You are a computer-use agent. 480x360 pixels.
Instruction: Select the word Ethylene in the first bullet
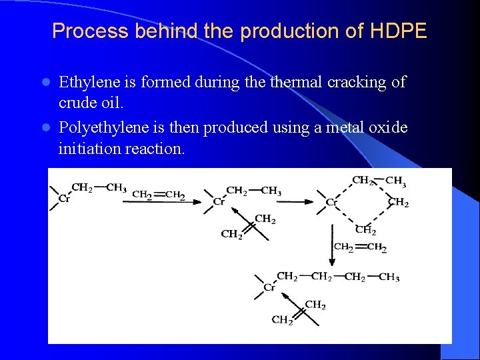pos(86,83)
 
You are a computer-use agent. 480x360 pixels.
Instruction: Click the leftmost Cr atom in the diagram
pos(64,198)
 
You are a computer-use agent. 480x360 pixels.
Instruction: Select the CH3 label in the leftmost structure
pos(116,188)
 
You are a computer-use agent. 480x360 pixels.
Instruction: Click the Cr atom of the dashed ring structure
pos(331,202)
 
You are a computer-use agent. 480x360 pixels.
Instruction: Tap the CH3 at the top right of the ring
pos(396,181)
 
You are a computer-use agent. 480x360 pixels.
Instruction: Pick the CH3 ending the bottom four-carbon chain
pos(389,277)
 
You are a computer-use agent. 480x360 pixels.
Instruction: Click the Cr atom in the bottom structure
pos(269,287)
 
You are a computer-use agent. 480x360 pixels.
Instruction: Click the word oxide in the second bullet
pos(388,127)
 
